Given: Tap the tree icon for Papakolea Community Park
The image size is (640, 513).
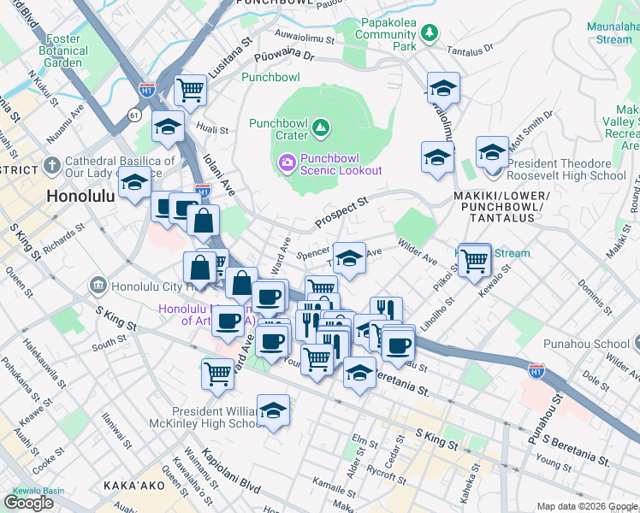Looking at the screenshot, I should coord(429,33).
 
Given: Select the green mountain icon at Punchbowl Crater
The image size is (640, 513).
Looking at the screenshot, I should coord(321,128).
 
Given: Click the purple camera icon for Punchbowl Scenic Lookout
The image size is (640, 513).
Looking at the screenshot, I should coord(287,161).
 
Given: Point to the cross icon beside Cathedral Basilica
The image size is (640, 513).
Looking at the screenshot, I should coord(52,163).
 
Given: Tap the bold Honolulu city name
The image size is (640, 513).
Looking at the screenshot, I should coord(80,195).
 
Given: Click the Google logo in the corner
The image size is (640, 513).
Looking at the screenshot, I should coord(29,502).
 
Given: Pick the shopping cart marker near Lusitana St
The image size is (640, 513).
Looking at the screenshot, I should coord(190,89).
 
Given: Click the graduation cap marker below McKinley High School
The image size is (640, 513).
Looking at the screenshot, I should coord(273,410).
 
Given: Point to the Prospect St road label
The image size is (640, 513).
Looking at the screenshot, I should coord(341,210).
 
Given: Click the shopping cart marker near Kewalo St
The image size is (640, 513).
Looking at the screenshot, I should coord(473,259).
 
